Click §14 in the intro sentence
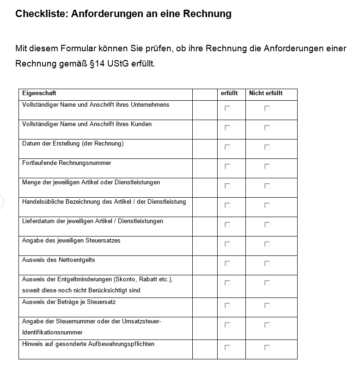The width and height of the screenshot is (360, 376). point(95,63)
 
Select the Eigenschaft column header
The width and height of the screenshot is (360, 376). point(39,93)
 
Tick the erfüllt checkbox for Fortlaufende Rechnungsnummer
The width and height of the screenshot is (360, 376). point(227,167)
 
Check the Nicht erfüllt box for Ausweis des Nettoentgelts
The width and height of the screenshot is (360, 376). point(267,264)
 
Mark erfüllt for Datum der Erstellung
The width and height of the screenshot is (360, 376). point(227,147)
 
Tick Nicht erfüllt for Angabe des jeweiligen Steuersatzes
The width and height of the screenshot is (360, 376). point(267,244)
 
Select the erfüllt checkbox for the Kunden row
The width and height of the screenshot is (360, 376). point(227,128)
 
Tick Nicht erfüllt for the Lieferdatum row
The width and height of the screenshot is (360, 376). point(267,225)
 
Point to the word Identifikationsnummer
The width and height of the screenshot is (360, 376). point(52,333)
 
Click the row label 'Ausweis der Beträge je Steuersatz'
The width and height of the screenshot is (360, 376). point(69,302)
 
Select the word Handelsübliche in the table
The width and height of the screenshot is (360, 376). point(43,202)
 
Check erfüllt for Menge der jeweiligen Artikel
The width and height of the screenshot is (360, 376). point(227,186)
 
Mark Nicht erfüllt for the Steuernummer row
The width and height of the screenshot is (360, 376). point(267,325)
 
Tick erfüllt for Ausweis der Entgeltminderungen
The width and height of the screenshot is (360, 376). point(227,283)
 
